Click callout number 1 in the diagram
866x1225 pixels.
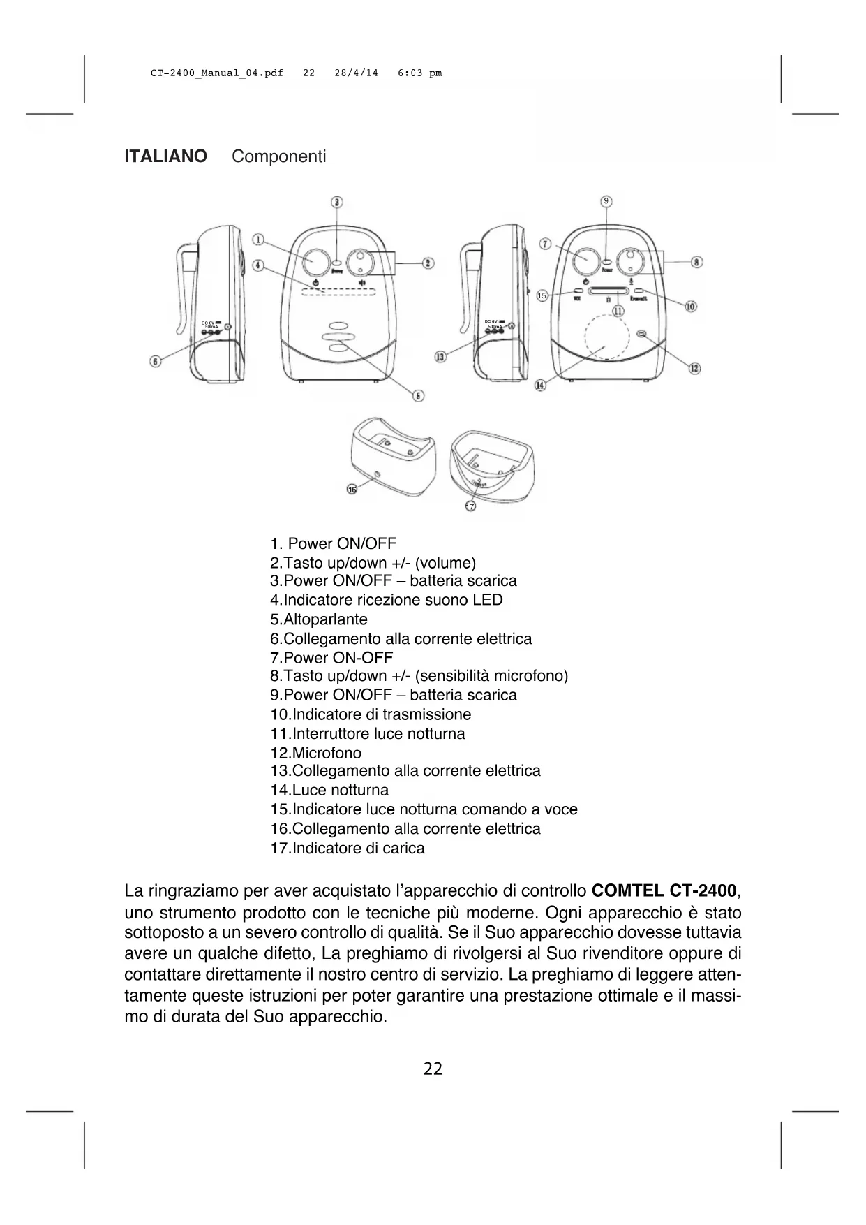258,240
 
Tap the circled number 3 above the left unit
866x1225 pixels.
337,202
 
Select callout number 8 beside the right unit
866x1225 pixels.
696,262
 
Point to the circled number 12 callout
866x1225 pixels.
695,368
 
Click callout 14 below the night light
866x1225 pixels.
539,385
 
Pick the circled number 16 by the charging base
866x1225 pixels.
352,490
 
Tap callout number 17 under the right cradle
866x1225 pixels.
470,506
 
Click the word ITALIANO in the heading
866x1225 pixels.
165,156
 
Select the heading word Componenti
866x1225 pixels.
278,156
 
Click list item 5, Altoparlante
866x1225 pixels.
319,619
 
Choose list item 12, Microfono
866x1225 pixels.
316,753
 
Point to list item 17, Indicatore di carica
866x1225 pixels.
348,849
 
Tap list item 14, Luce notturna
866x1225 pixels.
329,791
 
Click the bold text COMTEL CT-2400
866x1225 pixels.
664,891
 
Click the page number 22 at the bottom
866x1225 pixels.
433,1069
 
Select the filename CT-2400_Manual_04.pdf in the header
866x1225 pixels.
217,73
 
